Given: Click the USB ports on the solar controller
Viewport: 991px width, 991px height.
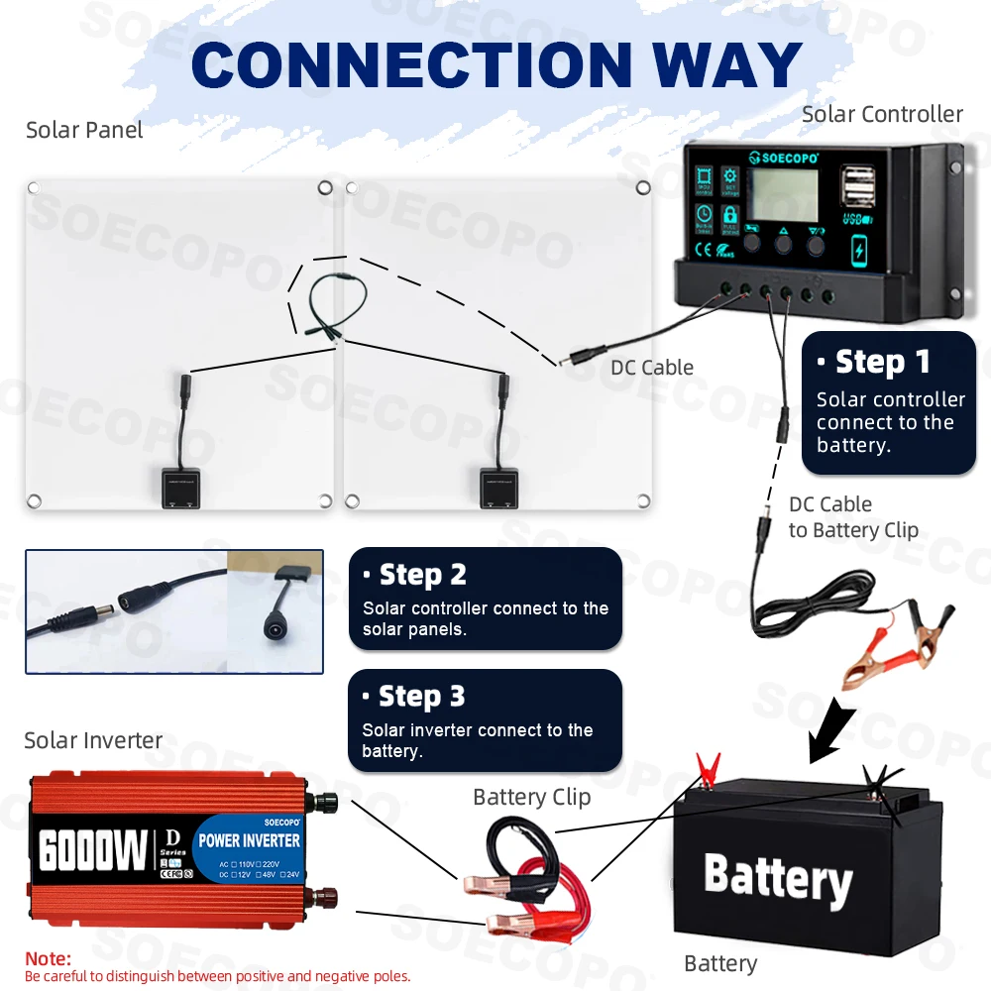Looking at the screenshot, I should point(855,187).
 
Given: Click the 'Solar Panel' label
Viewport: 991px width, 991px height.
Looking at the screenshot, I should point(84,130).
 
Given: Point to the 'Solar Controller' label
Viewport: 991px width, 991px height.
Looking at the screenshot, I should point(882,114).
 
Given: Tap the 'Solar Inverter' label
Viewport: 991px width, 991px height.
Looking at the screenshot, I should point(93,740).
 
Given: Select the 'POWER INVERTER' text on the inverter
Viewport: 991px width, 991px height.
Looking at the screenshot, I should point(249,840).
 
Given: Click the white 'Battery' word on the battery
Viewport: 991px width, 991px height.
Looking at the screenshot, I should point(778,877).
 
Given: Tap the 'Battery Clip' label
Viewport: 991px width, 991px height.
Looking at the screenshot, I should point(531,797).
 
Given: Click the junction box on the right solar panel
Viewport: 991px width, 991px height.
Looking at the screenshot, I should point(500,488).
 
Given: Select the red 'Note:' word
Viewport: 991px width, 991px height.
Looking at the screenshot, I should point(49,959).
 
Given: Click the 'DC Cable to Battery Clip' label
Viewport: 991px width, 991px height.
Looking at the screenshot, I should point(852,517).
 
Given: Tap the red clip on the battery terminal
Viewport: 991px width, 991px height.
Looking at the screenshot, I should point(707,769).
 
